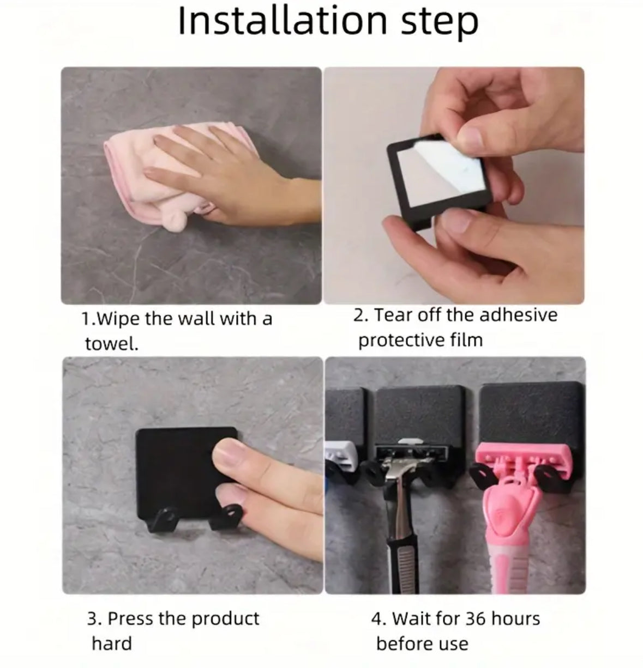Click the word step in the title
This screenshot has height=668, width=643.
click(x=440, y=23)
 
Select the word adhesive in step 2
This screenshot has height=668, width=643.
click(x=518, y=314)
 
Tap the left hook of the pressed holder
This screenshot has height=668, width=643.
click(x=162, y=519)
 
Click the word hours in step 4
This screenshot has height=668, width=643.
click(x=515, y=618)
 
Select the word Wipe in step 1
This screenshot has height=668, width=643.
click(x=117, y=319)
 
